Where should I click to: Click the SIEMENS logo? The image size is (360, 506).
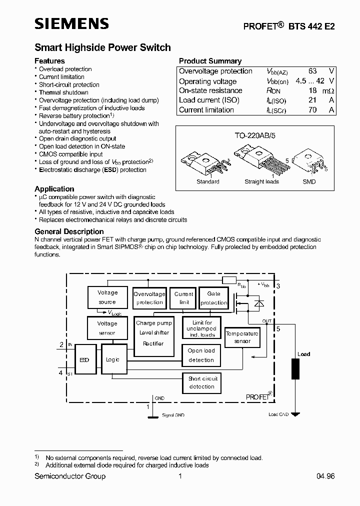click(x=71, y=24)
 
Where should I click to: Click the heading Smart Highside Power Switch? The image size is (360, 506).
click(x=102, y=47)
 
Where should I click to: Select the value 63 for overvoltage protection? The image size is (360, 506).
click(x=312, y=71)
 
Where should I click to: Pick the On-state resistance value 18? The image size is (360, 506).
click(x=312, y=90)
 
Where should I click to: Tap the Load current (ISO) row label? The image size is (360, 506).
click(x=209, y=100)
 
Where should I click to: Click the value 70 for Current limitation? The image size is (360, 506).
click(x=312, y=110)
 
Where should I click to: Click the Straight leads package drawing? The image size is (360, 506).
click(x=260, y=160)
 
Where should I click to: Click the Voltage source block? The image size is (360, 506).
click(x=107, y=297)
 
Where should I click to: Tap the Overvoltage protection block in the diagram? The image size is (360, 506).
click(x=149, y=298)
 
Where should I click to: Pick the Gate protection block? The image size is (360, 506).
click(x=213, y=298)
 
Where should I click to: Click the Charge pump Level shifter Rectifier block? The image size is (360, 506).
click(x=154, y=335)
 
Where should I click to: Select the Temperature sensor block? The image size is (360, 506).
click(x=242, y=337)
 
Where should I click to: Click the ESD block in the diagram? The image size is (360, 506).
click(x=84, y=359)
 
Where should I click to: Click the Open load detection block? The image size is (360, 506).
click(x=201, y=355)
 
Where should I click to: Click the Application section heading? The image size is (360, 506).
click(x=54, y=188)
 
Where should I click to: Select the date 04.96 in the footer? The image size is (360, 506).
click(x=325, y=476)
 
